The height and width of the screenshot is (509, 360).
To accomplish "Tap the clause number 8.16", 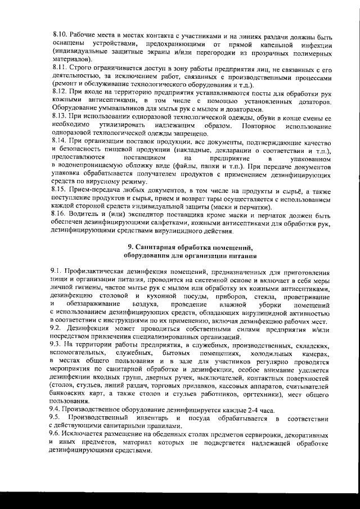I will (58, 215).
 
